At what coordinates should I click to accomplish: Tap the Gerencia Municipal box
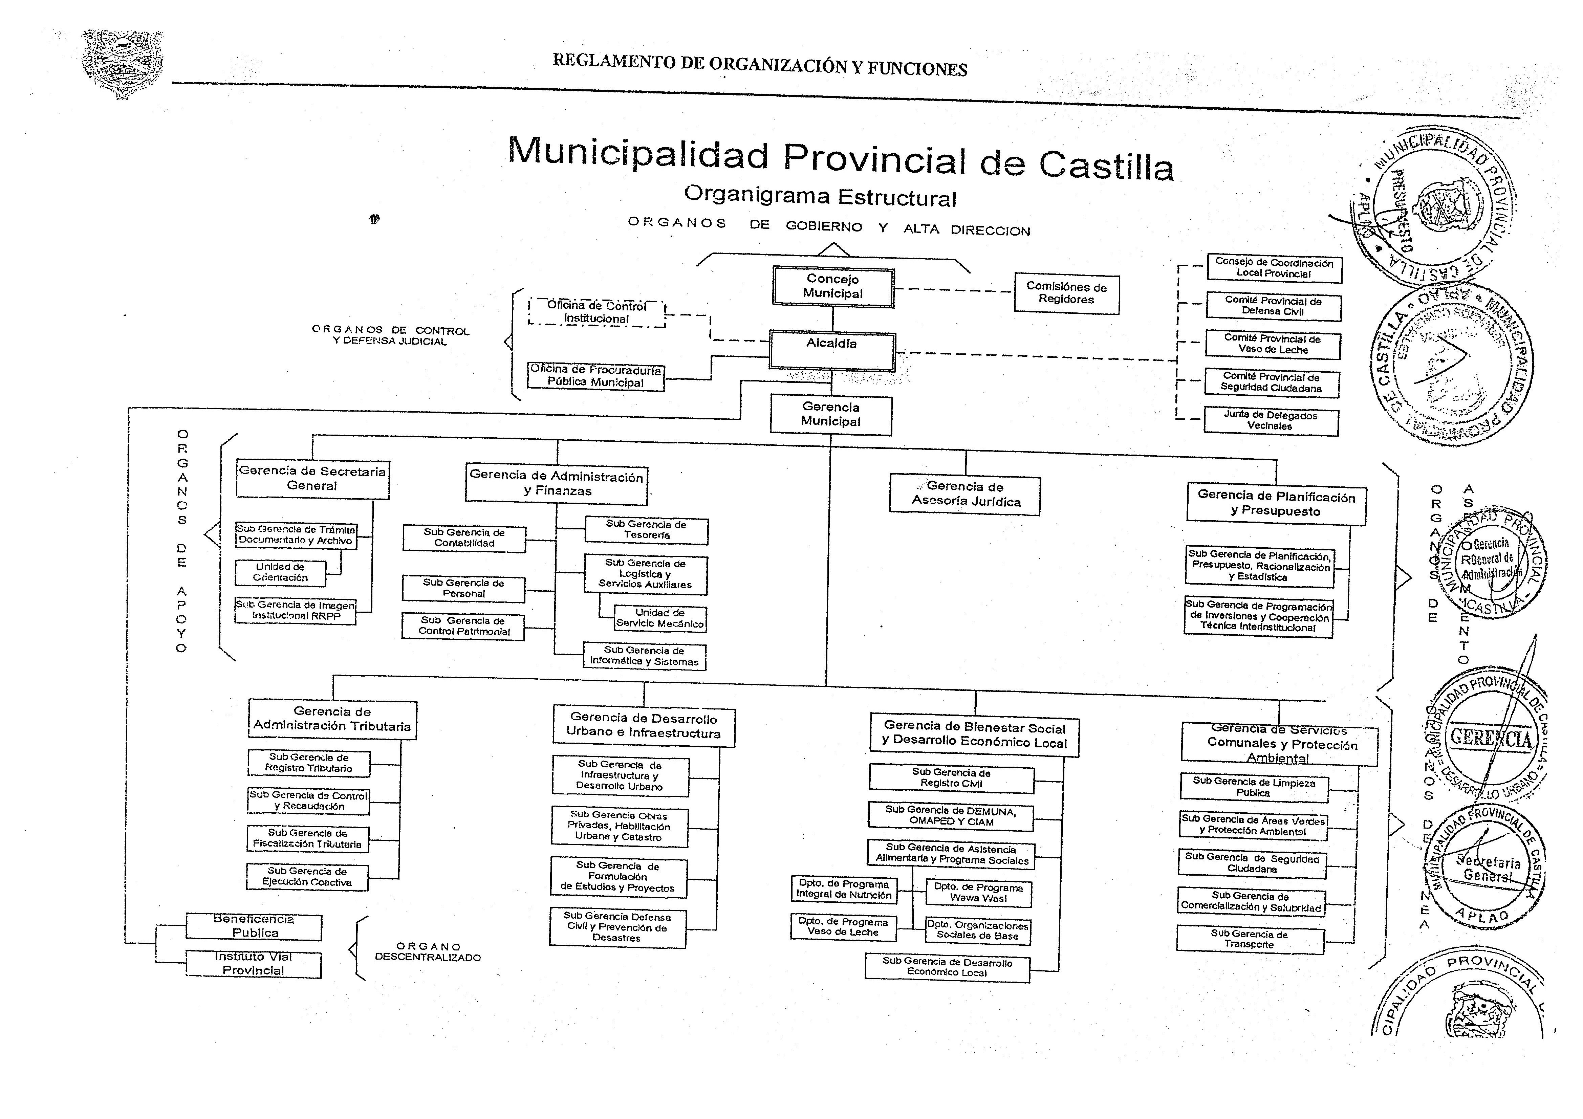pyautogui.click(x=831, y=414)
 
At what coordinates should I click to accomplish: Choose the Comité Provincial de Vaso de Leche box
pyautogui.click(x=1273, y=344)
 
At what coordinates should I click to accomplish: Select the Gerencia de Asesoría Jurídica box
pyautogui.click(x=965, y=495)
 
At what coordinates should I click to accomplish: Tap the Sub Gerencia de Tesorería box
pyautogui.click(x=646, y=529)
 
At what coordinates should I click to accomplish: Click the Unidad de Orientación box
pyautogui.click(x=281, y=572)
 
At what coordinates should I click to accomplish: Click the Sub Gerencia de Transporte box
pyautogui.click(x=1250, y=940)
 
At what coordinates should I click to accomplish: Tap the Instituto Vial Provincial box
pyautogui.click(x=254, y=964)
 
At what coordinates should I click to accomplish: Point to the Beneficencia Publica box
pyautogui.click(x=255, y=926)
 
